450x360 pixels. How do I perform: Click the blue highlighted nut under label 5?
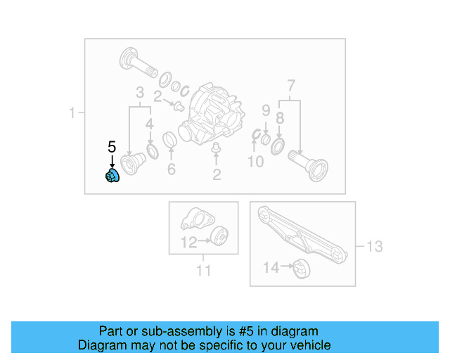point(112,176)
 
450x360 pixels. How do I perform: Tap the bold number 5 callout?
point(111,147)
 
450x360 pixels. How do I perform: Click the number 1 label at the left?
point(72,112)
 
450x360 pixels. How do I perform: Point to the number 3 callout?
point(140,93)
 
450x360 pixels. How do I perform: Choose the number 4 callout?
point(149,124)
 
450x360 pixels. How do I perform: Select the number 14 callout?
point(271,267)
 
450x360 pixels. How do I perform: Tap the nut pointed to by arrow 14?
point(301,268)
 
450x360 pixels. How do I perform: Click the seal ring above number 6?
point(170,141)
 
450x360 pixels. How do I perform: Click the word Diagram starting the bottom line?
point(101,345)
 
